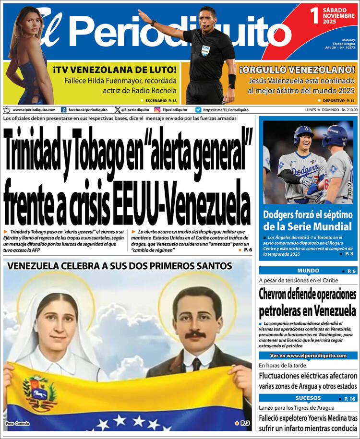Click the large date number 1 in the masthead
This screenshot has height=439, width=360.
(314, 15)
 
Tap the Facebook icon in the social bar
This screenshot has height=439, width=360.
(64, 110)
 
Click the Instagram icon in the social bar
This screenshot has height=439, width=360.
(157, 110)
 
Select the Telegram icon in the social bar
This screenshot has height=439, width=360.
(198, 110)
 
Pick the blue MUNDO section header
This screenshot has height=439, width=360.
(308, 271)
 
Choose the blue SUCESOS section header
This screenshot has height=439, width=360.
(308, 398)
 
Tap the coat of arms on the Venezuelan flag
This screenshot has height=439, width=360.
(38, 388)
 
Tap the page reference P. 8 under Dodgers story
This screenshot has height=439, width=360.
(349, 253)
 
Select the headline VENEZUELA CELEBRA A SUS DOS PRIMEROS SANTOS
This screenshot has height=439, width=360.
(120, 266)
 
